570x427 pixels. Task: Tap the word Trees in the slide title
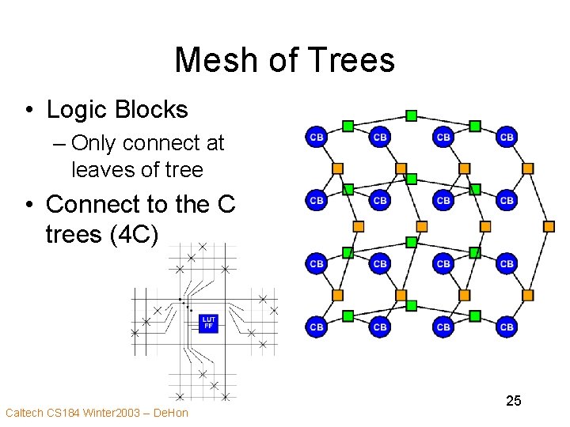pyautogui.click(x=349, y=61)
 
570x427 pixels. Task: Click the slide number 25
pyautogui.click(x=514, y=401)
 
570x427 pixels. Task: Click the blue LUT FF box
pyautogui.click(x=208, y=323)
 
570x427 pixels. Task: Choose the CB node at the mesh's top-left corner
pyautogui.click(x=316, y=137)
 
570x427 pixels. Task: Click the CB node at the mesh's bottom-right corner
pyautogui.click(x=507, y=327)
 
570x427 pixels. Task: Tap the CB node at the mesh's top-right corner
pyautogui.click(x=507, y=137)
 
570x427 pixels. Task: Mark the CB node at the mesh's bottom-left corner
pyautogui.click(x=316, y=327)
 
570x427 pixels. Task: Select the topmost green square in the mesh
pyautogui.click(x=411, y=115)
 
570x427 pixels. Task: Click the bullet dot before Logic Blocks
pyautogui.click(x=28, y=111)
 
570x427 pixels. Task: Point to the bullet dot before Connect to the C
pyautogui.click(x=28, y=205)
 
